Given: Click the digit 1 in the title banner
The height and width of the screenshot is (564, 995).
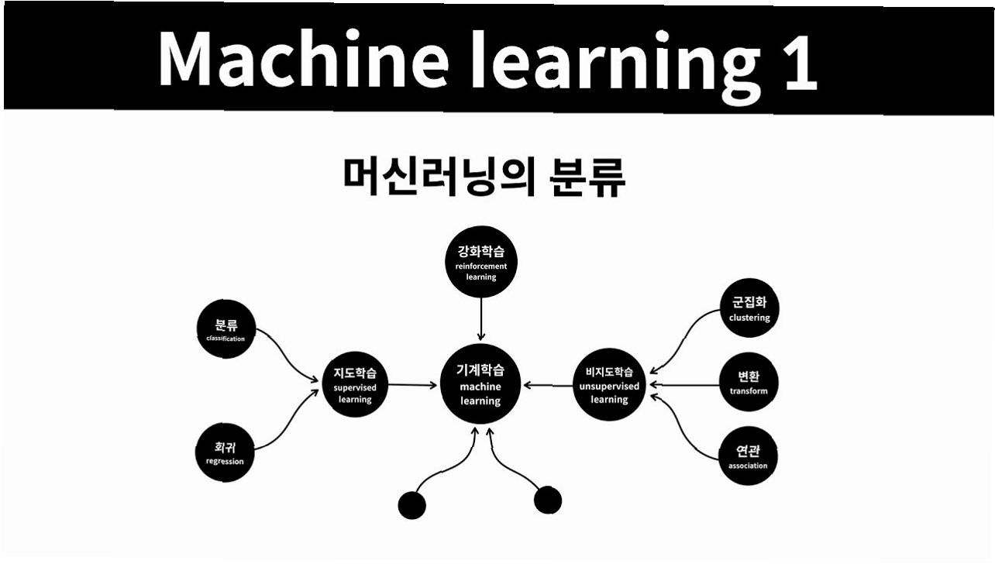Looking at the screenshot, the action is pyautogui.click(x=798, y=60).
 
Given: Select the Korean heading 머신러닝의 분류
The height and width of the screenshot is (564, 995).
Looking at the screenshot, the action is pyautogui.click(x=484, y=177).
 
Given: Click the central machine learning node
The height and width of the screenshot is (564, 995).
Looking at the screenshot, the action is pyautogui.click(x=481, y=384).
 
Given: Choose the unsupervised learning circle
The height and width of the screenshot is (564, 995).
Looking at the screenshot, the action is pyautogui.click(x=609, y=384).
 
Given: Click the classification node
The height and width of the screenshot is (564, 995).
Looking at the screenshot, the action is pyautogui.click(x=226, y=330).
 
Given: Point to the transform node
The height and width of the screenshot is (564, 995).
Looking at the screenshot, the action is pyautogui.click(x=749, y=383).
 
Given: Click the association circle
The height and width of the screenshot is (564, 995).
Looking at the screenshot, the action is pyautogui.click(x=748, y=457).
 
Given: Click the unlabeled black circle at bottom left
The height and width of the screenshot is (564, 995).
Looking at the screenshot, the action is pyautogui.click(x=411, y=506).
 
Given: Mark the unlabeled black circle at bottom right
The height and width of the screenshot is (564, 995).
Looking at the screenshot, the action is pyautogui.click(x=548, y=500).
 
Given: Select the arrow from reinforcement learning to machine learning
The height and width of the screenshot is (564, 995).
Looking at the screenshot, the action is pyautogui.click(x=481, y=319).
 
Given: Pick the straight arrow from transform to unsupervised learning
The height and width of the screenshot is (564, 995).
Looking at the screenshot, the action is pyautogui.click(x=685, y=384).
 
